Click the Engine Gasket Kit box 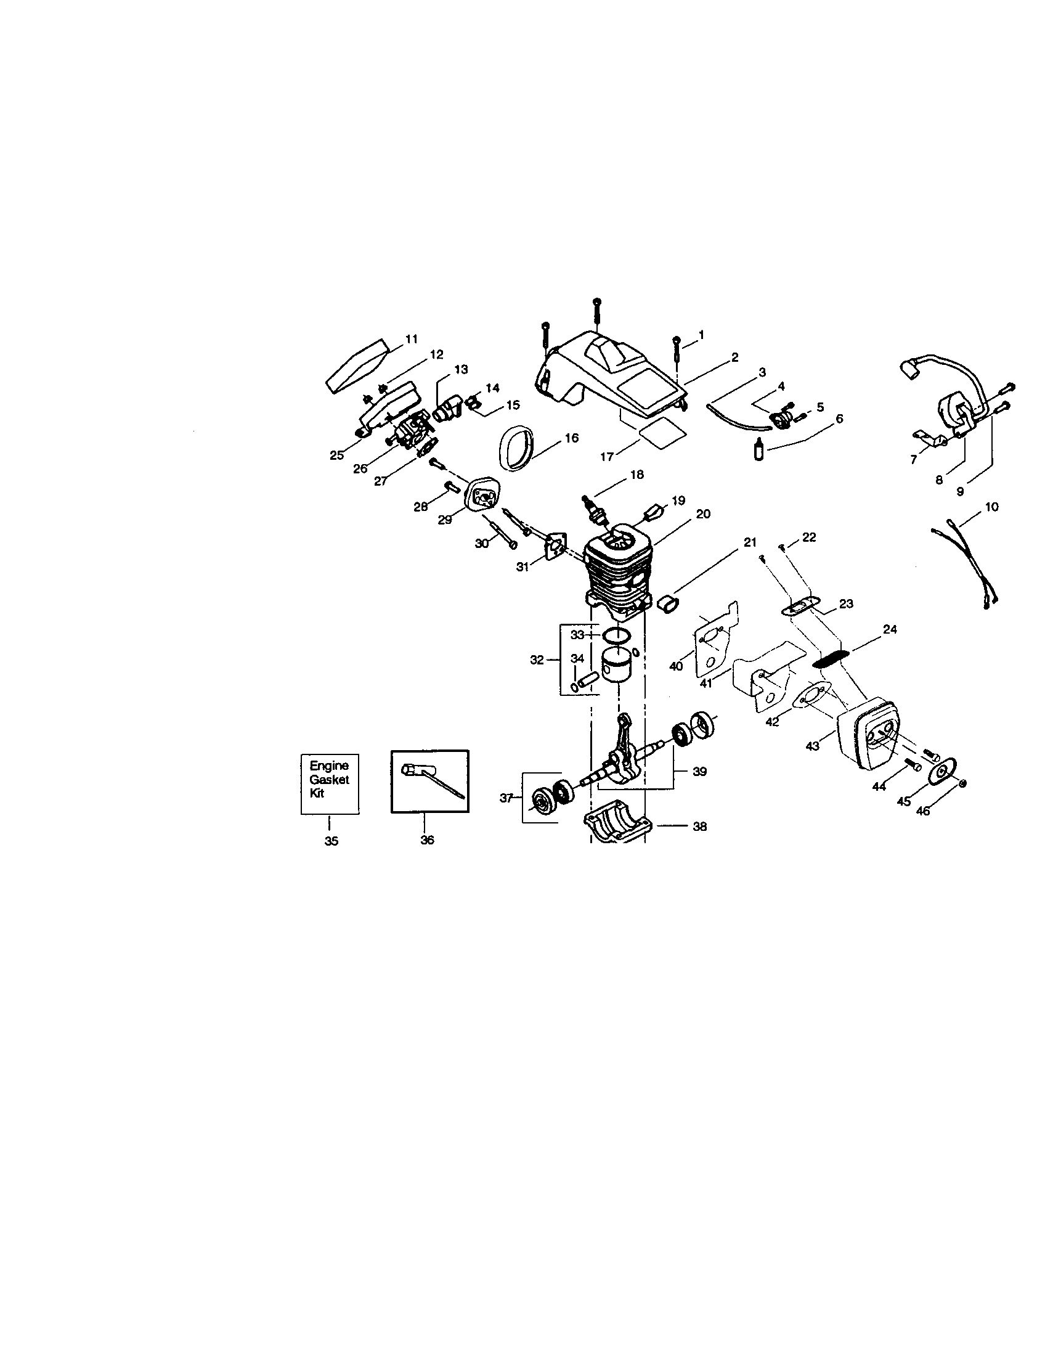pyautogui.click(x=330, y=783)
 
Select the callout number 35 pyautogui.click(x=331, y=841)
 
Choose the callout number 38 pyautogui.click(x=699, y=827)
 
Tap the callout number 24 pyautogui.click(x=890, y=629)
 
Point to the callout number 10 pyautogui.click(x=991, y=507)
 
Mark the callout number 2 pyautogui.click(x=734, y=357)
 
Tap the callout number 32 pyautogui.click(x=537, y=660)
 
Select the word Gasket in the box pyautogui.click(x=330, y=780)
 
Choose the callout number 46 pyautogui.click(x=923, y=811)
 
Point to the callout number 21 pyautogui.click(x=750, y=542)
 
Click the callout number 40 pyautogui.click(x=676, y=666)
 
